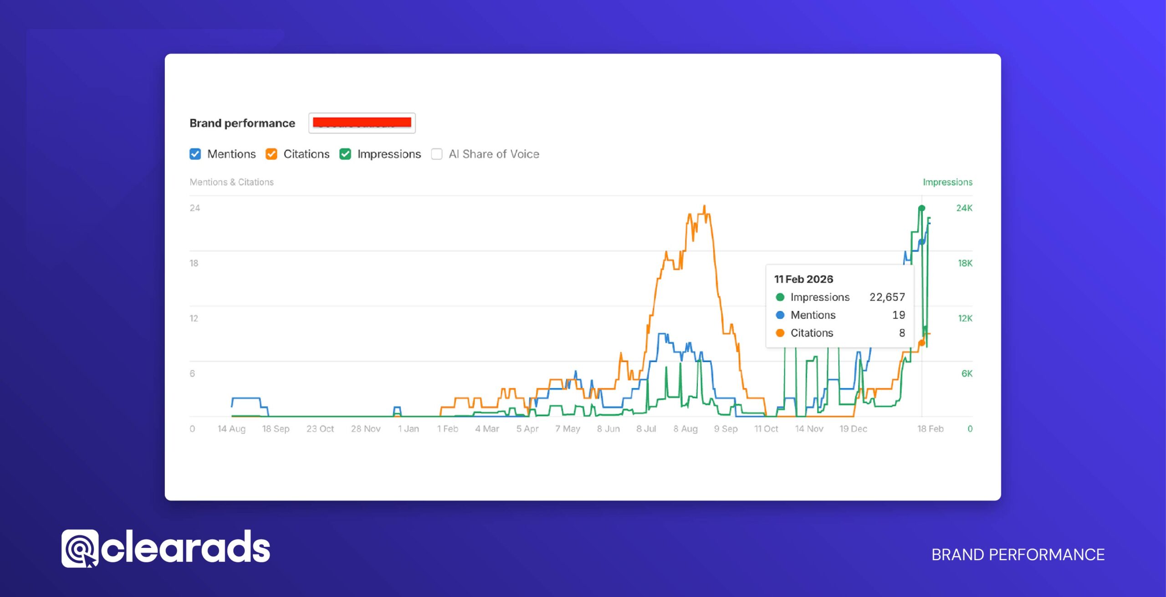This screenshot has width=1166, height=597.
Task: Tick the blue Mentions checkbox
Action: pos(195,154)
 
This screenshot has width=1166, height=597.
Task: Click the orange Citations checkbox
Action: pos(271,154)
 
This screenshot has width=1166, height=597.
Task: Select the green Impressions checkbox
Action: pos(345,154)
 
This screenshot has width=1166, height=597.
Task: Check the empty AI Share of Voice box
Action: pos(437,154)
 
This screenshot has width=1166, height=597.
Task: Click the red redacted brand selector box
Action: pos(362,123)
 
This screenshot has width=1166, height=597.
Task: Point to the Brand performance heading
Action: pos(242,123)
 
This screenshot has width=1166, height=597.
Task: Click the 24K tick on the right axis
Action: pos(964,208)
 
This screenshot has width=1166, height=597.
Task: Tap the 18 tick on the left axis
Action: pos(194,263)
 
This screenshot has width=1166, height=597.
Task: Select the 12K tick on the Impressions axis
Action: pos(965,318)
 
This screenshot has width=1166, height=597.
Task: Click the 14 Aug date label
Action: pos(231,429)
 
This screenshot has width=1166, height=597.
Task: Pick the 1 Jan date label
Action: pos(408,429)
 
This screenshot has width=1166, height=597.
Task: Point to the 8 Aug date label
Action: pos(685,429)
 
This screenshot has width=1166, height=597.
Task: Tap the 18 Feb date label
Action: pos(930,429)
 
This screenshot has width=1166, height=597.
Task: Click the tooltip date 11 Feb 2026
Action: pos(803,279)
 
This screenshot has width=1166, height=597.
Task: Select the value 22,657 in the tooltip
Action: pos(887,297)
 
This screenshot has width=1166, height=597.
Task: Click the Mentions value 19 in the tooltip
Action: pos(898,315)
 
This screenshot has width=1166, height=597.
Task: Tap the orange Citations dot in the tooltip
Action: pos(780,333)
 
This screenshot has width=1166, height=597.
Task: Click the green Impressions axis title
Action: pos(947,182)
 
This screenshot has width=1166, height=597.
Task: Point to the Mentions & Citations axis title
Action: pos(231,182)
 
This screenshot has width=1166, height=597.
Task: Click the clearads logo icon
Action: pos(79,548)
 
